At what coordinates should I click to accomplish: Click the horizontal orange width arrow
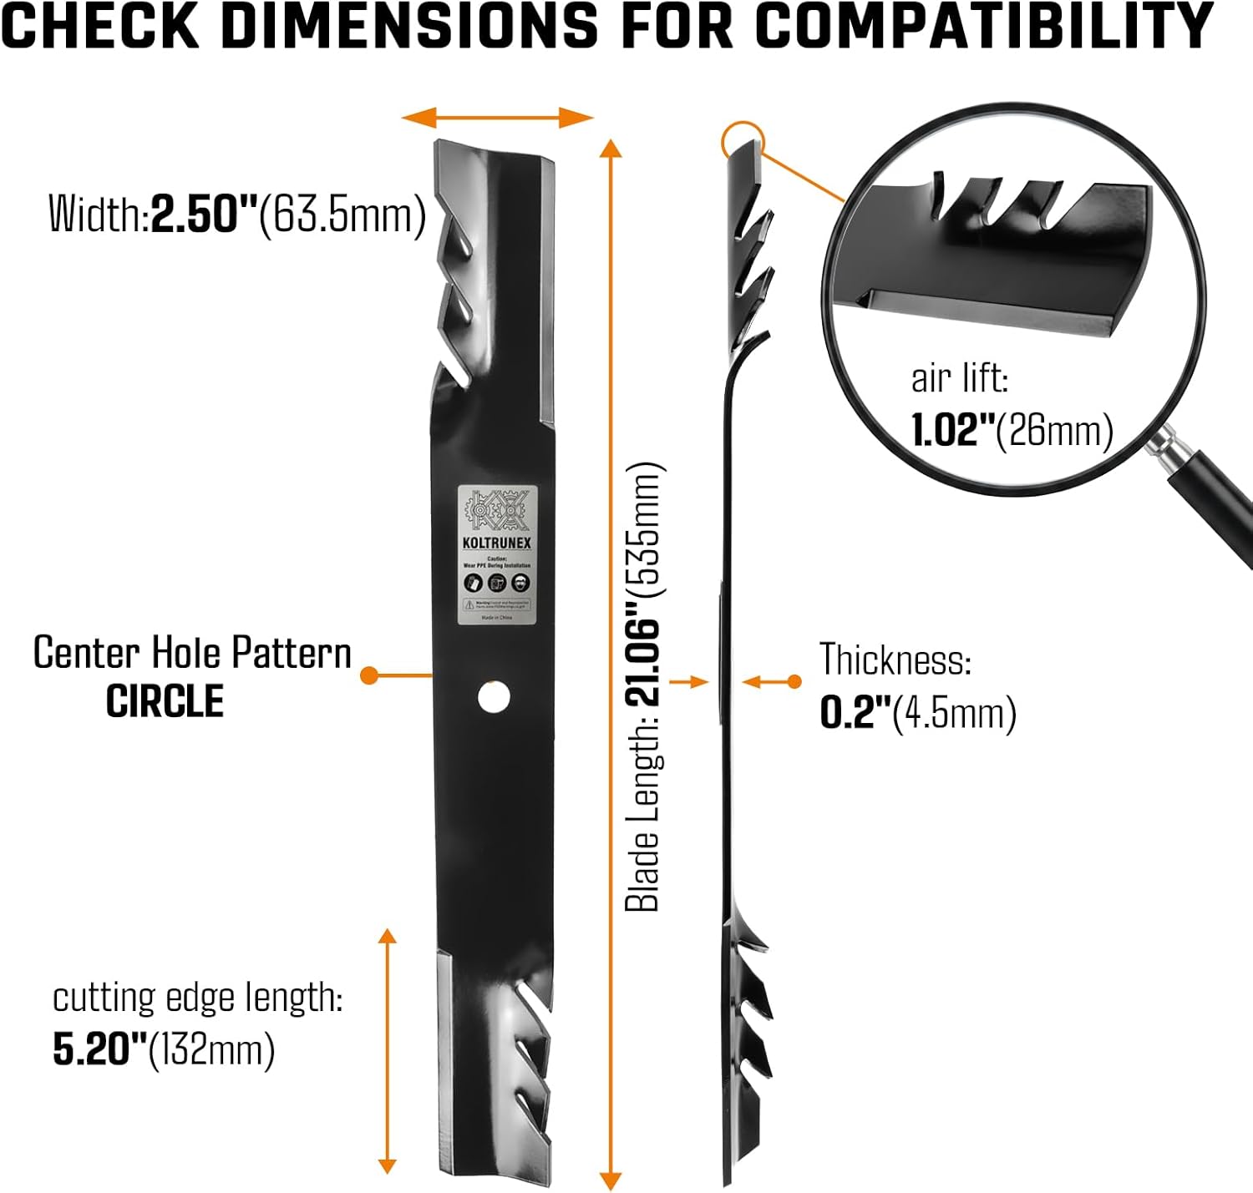(497, 118)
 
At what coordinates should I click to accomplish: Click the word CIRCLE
(165, 701)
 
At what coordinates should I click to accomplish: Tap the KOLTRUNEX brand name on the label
(496, 543)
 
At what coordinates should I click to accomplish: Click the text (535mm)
(644, 529)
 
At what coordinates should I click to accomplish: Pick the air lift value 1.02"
(952, 431)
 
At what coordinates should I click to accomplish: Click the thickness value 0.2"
(854, 713)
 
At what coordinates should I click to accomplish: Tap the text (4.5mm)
(955, 713)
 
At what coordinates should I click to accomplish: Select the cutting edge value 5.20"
(99, 1049)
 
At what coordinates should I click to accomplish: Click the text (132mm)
(211, 1049)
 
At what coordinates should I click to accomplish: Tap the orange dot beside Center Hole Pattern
(370, 674)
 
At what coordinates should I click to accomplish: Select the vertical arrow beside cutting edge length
(387, 1052)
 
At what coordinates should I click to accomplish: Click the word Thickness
(894, 660)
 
